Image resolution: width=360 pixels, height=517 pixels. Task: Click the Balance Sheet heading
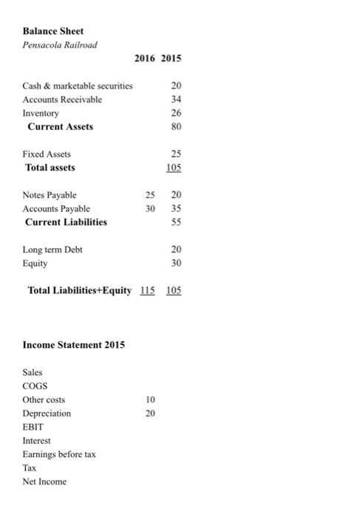pyautogui.click(x=53, y=31)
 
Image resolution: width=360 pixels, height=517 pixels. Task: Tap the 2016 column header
pyautogui.click(x=145, y=58)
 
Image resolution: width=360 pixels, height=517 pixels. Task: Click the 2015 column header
pyautogui.click(x=172, y=58)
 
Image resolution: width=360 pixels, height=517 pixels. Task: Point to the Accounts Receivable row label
pyautogui.click(x=63, y=99)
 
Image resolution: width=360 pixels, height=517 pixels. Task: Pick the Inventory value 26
pyautogui.click(x=174, y=113)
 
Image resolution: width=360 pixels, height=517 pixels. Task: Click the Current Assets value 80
pyautogui.click(x=174, y=126)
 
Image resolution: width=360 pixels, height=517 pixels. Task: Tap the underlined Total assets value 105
pyautogui.click(x=174, y=168)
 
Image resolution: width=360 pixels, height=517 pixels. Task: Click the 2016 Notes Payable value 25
pyautogui.click(x=149, y=195)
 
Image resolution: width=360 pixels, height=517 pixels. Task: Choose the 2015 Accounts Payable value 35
pyautogui.click(x=174, y=208)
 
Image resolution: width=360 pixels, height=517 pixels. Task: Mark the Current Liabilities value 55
pyautogui.click(x=174, y=222)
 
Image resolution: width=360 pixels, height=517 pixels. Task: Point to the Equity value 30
pyautogui.click(x=174, y=263)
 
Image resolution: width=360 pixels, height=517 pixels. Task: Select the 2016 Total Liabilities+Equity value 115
pyautogui.click(x=149, y=290)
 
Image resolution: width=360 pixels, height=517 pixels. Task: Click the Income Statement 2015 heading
pyautogui.click(x=74, y=345)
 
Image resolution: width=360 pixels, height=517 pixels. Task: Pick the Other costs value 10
pyautogui.click(x=150, y=400)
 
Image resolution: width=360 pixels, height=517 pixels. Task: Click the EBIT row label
pyautogui.click(x=34, y=427)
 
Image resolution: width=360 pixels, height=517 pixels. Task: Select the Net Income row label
pyautogui.click(x=44, y=482)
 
